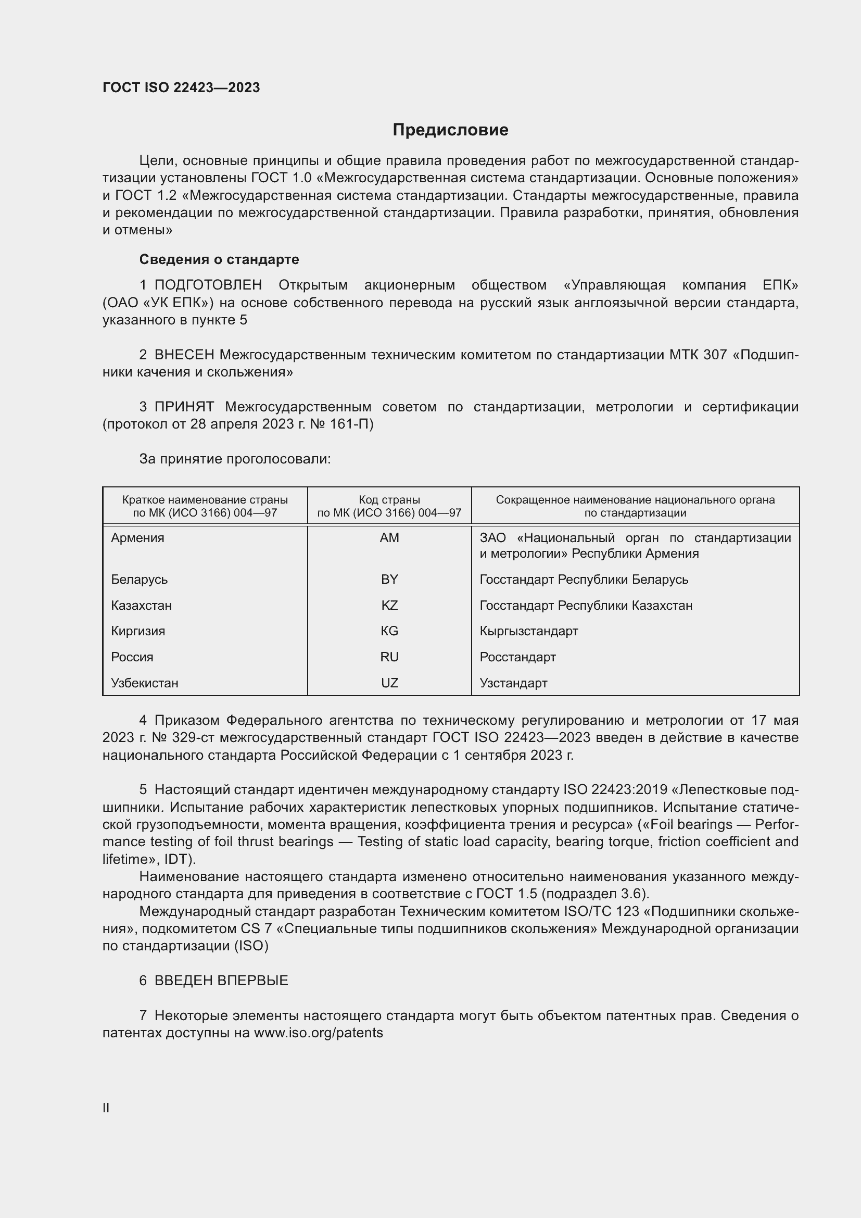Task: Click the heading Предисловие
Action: coord(450,130)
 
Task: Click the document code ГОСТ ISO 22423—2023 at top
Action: coord(181,87)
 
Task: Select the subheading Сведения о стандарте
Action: coord(219,259)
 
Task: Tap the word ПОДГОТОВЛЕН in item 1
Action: coord(208,285)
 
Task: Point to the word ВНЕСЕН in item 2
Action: coord(184,355)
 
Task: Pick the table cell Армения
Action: coord(138,538)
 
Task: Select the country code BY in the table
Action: coord(389,579)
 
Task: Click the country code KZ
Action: coord(389,605)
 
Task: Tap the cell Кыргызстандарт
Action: coord(528,631)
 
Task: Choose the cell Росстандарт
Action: coord(517,657)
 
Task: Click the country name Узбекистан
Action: coord(145,683)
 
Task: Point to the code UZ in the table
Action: coord(389,683)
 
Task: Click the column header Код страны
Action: coord(389,500)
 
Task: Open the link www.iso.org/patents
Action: coord(318,1033)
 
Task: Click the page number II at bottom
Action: coord(106,1108)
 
